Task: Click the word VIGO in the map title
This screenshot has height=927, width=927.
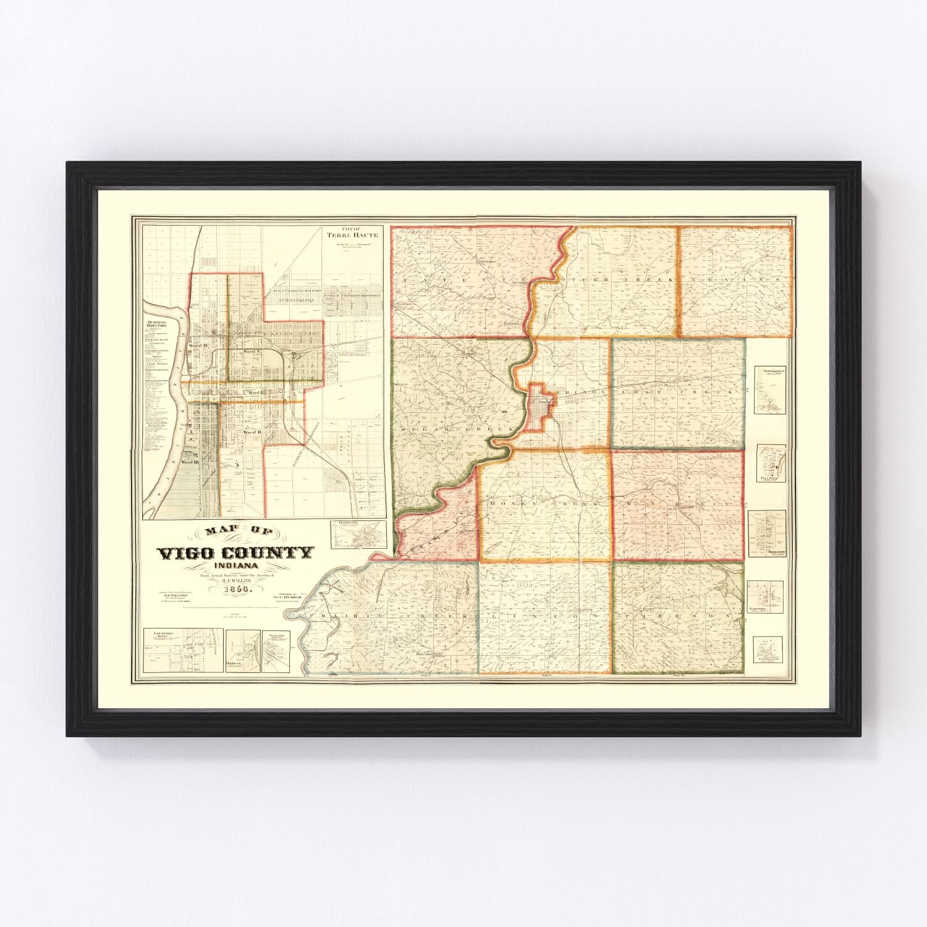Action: pos(186,553)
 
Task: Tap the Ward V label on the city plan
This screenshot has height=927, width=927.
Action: pos(250,351)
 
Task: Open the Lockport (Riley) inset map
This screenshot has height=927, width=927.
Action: pos(182,650)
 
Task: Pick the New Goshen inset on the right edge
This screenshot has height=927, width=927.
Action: pos(769,389)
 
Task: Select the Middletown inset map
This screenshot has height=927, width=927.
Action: pos(767,535)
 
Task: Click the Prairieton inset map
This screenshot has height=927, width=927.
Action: pos(358,534)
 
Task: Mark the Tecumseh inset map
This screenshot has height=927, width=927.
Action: pos(772,463)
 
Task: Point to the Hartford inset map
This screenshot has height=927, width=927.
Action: pos(765,596)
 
